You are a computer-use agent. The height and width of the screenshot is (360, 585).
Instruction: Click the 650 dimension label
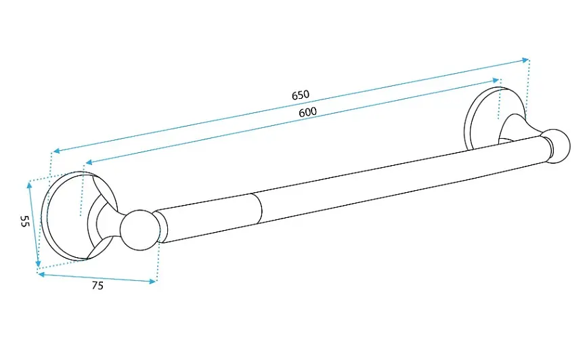(x=301, y=95)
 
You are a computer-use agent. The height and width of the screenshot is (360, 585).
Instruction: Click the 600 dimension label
(x=307, y=112)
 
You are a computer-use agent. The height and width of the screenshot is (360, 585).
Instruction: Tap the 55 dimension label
(x=24, y=221)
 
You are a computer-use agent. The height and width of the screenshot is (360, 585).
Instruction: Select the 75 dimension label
(x=97, y=286)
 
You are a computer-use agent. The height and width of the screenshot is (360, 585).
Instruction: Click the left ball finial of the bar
(x=140, y=230)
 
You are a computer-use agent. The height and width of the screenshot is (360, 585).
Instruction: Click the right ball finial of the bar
(x=557, y=146)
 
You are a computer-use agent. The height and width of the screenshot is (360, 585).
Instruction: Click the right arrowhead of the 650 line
(x=526, y=60)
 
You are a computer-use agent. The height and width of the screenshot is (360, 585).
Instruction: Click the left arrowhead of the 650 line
(x=56, y=150)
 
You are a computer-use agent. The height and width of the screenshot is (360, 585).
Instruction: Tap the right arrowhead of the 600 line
(x=496, y=80)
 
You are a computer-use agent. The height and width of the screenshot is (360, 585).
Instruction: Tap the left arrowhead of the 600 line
(x=89, y=162)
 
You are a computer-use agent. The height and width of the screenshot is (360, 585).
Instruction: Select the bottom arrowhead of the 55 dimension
(x=38, y=264)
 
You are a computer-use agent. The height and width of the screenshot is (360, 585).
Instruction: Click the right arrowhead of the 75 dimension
(x=152, y=282)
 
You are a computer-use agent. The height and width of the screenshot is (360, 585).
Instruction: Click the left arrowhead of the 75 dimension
(x=41, y=275)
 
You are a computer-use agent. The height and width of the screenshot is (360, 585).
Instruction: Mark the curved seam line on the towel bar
(x=259, y=208)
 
